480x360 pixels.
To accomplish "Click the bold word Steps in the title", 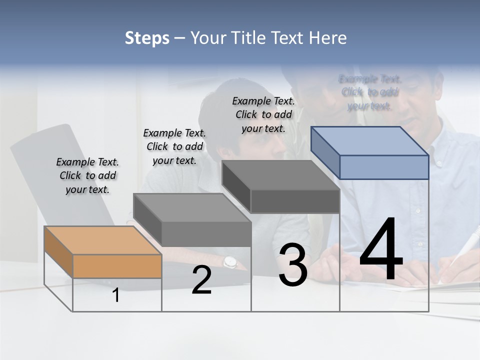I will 147,38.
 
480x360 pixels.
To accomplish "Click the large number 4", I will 381,250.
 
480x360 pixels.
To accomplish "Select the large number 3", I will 293,265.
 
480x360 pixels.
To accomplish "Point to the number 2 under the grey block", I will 201,280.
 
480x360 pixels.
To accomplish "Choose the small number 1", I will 116,295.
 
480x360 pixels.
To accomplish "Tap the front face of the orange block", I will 117,266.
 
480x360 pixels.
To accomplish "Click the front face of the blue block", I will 384,167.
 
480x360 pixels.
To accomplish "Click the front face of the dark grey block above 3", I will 295,201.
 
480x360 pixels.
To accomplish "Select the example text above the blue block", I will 370,92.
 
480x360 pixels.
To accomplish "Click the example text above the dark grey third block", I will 263,114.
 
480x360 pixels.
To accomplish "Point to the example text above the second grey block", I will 174,146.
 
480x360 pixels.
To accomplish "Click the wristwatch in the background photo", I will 229,261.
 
